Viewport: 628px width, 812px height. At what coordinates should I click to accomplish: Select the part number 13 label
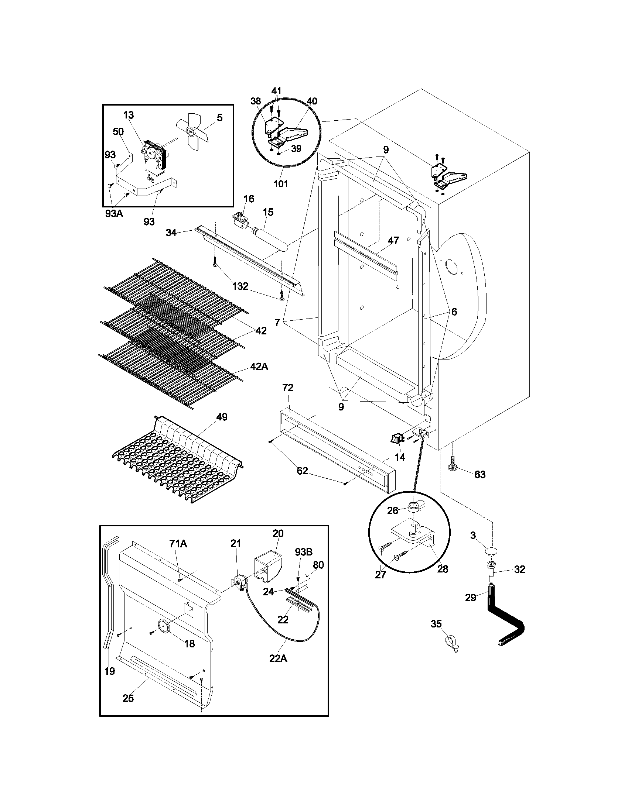(x=128, y=115)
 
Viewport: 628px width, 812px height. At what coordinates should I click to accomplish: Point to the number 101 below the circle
(x=281, y=184)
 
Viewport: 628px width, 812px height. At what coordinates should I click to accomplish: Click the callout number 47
(x=393, y=240)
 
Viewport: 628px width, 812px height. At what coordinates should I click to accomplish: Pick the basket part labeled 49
(x=178, y=461)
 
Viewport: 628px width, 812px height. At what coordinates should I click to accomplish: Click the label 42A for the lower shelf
(x=259, y=367)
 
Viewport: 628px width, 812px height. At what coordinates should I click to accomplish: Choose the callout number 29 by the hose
(x=470, y=598)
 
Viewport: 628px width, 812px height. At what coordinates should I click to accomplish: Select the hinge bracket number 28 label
(x=442, y=568)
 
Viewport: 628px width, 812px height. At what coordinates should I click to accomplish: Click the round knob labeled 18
(x=164, y=626)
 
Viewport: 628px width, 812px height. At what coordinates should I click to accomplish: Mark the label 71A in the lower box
(x=178, y=544)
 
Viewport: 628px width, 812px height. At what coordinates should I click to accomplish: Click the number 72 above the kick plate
(x=287, y=388)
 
